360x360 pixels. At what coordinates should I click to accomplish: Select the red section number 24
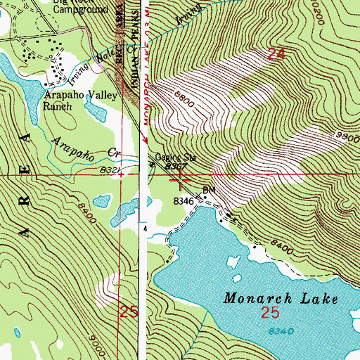point(277,53)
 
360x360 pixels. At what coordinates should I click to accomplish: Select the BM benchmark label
point(208,191)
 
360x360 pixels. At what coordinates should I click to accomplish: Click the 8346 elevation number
point(184,201)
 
